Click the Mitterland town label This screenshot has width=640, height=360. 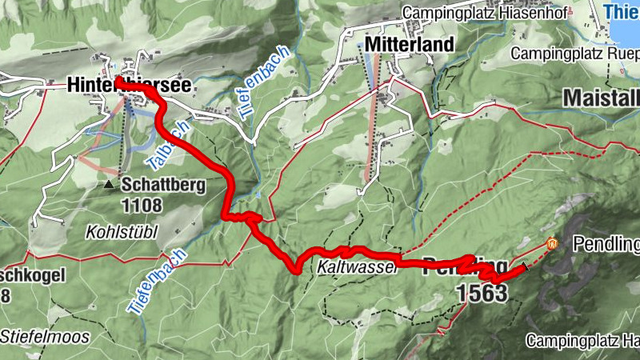tap(408, 44)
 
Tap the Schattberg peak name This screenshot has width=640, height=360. tap(164, 185)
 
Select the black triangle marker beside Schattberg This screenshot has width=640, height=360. tap(109, 185)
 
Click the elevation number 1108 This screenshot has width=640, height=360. tap(143, 206)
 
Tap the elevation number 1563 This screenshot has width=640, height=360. tap(482, 294)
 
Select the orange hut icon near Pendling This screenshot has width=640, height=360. tap(551, 242)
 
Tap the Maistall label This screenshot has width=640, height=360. tap(601, 98)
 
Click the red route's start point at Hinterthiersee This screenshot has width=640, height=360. tap(118, 81)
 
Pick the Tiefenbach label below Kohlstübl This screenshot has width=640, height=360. tap(157, 279)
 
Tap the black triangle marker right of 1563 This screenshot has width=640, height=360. tap(526, 266)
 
